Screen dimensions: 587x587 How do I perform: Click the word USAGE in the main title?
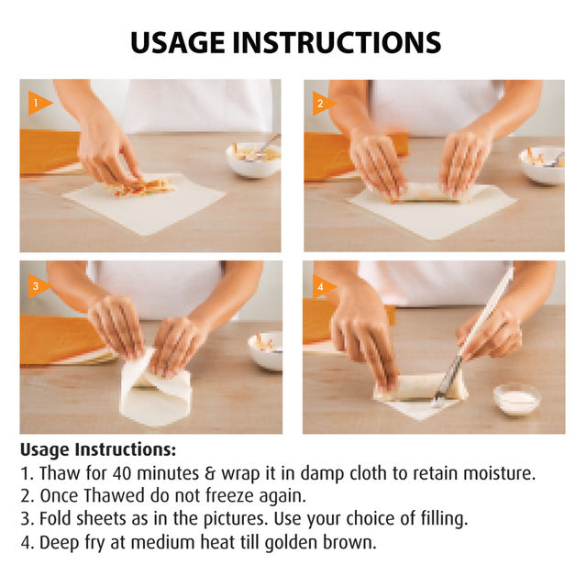pos(178,43)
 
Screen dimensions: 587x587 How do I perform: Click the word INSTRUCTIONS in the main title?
pos(337,43)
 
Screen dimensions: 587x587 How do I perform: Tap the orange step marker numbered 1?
pos(39,103)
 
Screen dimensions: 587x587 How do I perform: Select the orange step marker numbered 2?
pos(324,104)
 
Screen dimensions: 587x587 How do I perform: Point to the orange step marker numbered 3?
pos(39,286)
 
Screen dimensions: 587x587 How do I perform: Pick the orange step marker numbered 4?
pos(324,287)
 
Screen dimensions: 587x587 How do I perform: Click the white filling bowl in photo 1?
pos(254,159)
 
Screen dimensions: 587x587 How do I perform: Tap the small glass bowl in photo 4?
pos(517,400)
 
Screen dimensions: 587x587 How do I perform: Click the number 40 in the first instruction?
pos(122,473)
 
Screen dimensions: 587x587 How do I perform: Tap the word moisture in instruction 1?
pos(499,473)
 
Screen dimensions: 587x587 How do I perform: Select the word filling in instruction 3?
pos(444,519)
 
